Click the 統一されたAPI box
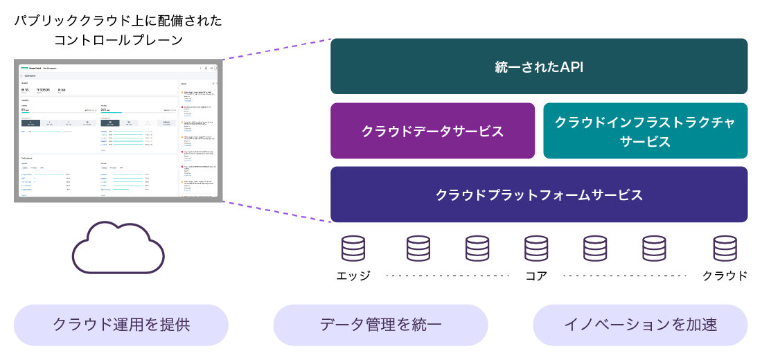coord(539,66)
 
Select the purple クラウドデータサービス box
coord(432,131)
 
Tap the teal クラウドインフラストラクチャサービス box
coord(645,131)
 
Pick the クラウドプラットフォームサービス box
coord(539,195)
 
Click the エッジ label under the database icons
coord(353,276)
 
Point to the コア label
coord(536,276)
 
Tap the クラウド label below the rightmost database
coord(725,276)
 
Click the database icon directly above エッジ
coord(353,248)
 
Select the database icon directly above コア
coord(536,248)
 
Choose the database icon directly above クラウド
coord(725,248)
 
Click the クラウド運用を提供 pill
coord(121,325)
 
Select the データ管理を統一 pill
coord(380,325)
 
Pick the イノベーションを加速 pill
coord(640,325)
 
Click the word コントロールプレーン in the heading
coord(118,40)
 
